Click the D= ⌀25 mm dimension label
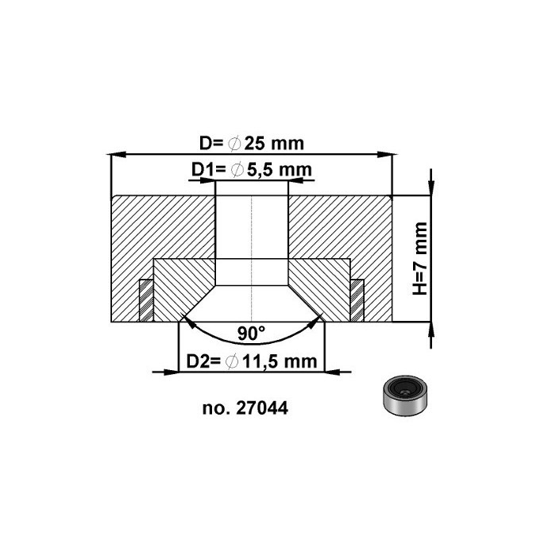click(252, 144)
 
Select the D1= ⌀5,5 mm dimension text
click(250, 169)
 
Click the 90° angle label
click(251, 332)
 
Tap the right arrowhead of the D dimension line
click(388, 154)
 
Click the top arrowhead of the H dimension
click(430, 188)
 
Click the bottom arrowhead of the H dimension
click(430, 329)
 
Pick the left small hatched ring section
click(146, 300)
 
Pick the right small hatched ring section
click(357, 300)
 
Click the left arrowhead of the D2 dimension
click(181, 370)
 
